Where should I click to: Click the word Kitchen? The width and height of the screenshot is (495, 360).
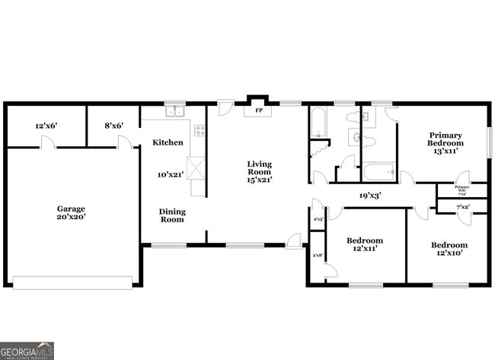[x=168, y=142]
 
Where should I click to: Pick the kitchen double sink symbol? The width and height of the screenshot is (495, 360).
[x=175, y=112]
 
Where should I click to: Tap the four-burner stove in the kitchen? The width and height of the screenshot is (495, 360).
[x=200, y=130]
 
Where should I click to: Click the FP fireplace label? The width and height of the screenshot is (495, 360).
[x=258, y=111]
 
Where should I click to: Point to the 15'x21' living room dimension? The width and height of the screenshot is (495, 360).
[x=259, y=180]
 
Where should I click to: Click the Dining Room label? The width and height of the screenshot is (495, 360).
[x=172, y=215]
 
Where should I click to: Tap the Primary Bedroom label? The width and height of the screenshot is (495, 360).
[x=445, y=139]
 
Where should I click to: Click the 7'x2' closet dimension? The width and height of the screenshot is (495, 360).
[x=462, y=207]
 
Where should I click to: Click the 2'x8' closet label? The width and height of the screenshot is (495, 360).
[x=318, y=255]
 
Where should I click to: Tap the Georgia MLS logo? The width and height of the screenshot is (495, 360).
[x=27, y=350]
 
